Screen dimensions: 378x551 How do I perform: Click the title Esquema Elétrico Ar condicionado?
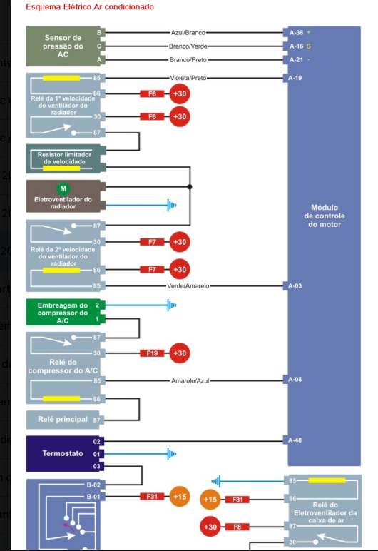pyautogui.click(x=90, y=6)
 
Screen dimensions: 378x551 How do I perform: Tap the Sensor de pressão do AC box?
pyautogui.click(x=66, y=46)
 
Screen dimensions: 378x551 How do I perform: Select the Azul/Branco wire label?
pyautogui.click(x=188, y=33)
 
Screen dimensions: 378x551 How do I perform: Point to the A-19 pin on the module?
pyautogui.click(x=295, y=78)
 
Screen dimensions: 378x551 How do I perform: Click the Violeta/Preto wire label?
pyautogui.click(x=188, y=78)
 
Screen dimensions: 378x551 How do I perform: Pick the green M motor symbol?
pyautogui.click(x=63, y=188)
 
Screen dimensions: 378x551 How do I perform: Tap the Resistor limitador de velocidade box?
pyautogui.click(x=66, y=158)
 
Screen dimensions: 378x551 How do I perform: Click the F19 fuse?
pyautogui.click(x=152, y=353)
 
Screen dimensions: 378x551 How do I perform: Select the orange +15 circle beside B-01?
pyautogui.click(x=180, y=497)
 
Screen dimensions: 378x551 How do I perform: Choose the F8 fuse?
pyautogui.click(x=237, y=527)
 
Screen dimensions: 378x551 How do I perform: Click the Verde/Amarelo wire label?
pyautogui.click(x=188, y=286)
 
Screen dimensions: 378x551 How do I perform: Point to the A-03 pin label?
pyautogui.click(x=295, y=286)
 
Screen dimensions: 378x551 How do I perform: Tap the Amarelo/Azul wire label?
pyautogui.click(x=190, y=381)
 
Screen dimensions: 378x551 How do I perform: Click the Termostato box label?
pyautogui.click(x=63, y=453)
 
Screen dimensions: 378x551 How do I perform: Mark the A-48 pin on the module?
pyautogui.click(x=295, y=440)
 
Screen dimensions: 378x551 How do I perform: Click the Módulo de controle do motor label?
pyautogui.click(x=325, y=216)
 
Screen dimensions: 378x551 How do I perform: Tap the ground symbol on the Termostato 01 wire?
pyautogui.click(x=172, y=454)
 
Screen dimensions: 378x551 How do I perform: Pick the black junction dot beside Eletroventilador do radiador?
pyautogui.click(x=190, y=186)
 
